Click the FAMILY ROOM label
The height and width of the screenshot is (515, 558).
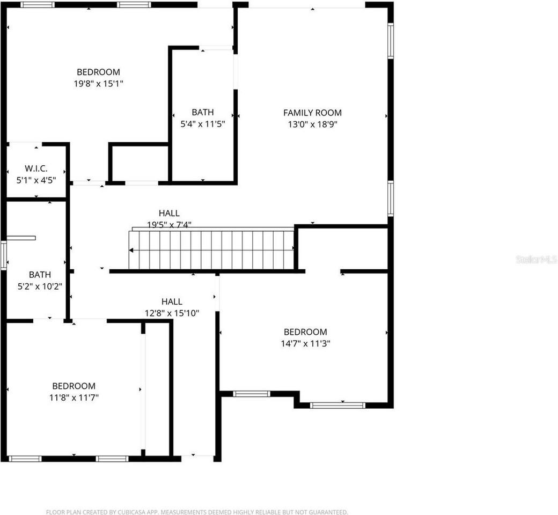coord(312,113)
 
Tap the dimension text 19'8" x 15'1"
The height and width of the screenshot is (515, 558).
coord(99,83)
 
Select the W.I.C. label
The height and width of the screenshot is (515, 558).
coord(36,168)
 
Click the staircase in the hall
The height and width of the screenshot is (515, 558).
coord(212,250)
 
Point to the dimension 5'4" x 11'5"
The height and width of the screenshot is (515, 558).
coord(202,123)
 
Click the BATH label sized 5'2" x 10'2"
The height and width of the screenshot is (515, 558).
coord(40,274)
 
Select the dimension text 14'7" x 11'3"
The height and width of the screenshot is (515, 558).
coord(305,343)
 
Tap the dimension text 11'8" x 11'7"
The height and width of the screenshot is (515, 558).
coord(74,397)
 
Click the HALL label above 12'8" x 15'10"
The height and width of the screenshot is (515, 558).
coord(172,301)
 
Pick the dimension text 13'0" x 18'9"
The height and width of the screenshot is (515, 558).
coord(312,124)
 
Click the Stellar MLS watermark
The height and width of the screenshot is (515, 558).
coord(536,260)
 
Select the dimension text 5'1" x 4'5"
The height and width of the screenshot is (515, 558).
coord(36,180)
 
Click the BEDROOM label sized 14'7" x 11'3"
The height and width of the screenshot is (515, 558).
coord(305,332)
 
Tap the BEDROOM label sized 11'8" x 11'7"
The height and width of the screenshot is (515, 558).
coord(74,386)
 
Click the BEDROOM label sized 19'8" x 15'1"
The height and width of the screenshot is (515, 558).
coord(99,72)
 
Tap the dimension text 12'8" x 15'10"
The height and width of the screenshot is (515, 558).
coord(172,313)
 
